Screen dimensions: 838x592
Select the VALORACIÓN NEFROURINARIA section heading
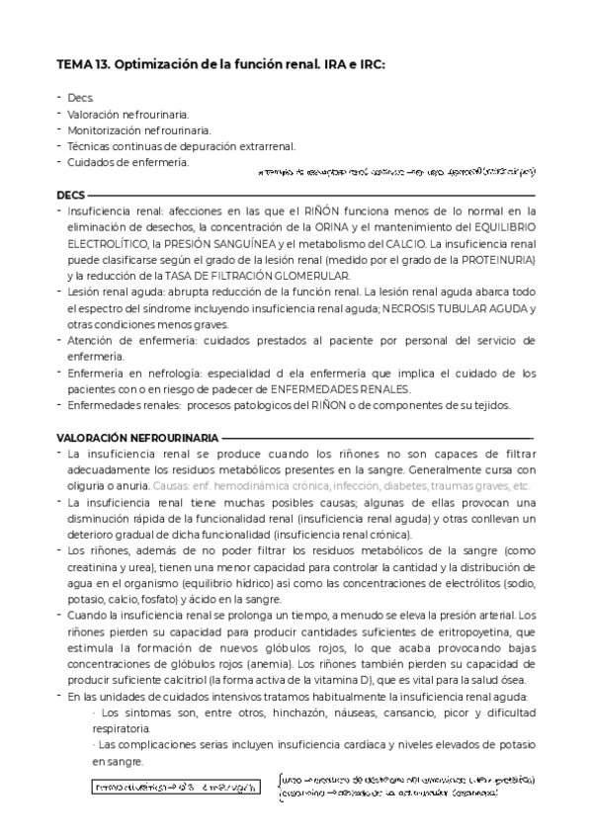coord(137,436)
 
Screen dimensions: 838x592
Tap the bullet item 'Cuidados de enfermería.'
coord(127,162)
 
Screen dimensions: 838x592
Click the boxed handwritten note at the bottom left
coord(177,788)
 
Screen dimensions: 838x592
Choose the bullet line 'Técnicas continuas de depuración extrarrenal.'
coord(181,146)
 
